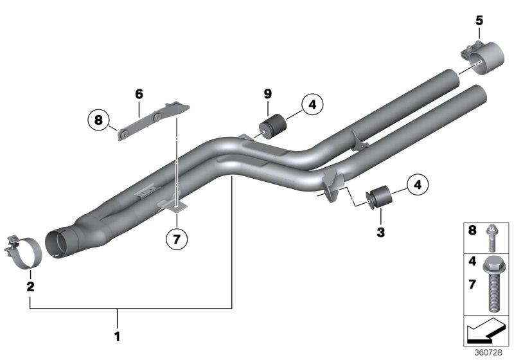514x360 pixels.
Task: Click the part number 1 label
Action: pyautogui.click(x=117, y=335)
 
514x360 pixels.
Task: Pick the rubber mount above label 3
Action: pyautogui.click(x=378, y=196)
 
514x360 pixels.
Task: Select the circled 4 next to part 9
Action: pyautogui.click(x=311, y=104)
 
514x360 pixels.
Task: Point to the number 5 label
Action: pyautogui.click(x=479, y=21)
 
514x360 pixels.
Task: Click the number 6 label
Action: pyautogui.click(x=138, y=94)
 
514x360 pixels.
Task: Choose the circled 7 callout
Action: pyautogui.click(x=177, y=239)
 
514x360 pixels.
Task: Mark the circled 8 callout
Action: pyautogui.click(x=98, y=120)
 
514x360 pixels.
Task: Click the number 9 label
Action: pyautogui.click(x=267, y=94)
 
